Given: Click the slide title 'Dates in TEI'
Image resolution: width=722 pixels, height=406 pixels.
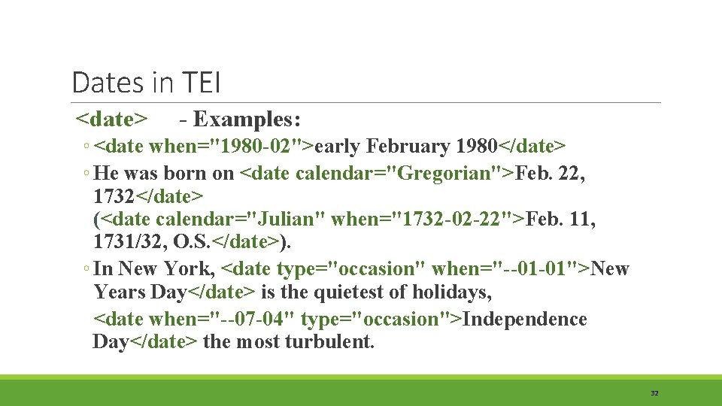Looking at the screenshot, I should [x=146, y=83].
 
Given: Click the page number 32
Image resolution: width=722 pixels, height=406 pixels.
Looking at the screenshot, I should [x=654, y=393].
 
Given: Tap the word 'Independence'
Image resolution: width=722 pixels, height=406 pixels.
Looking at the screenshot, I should [x=525, y=319].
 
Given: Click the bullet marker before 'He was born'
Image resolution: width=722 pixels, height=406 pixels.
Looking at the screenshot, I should [x=87, y=174].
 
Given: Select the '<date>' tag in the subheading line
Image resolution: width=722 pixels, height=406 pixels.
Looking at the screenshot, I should [x=112, y=120].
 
